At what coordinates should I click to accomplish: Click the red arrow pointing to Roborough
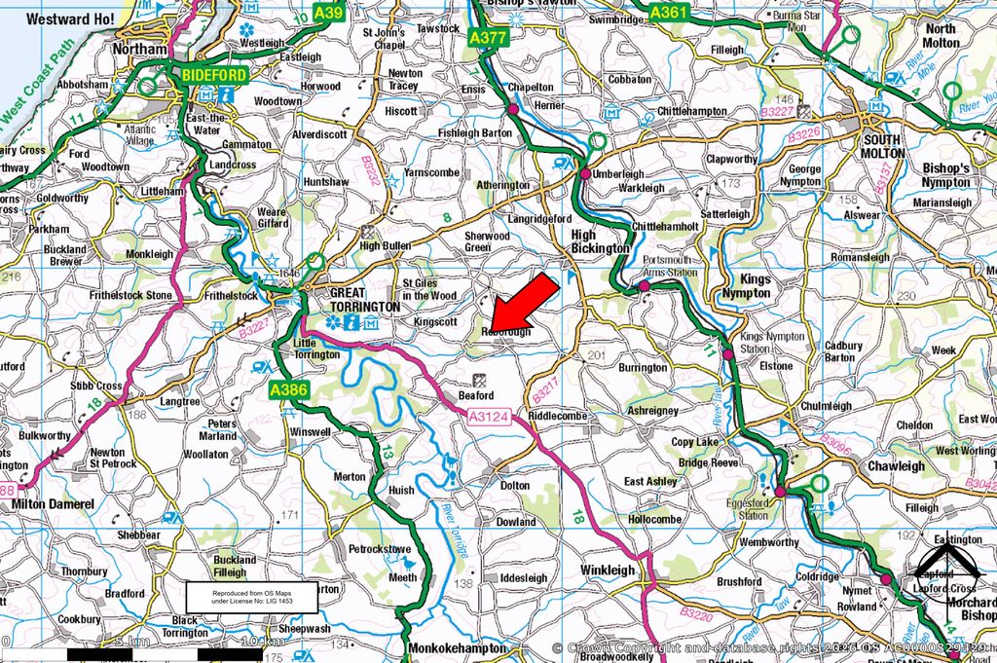click(523, 302)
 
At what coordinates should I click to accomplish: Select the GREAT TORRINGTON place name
click(364, 299)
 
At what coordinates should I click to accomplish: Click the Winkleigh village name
click(609, 570)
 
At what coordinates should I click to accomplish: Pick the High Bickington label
click(599, 241)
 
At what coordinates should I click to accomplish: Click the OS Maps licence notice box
click(253, 597)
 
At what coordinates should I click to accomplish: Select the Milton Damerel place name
click(53, 504)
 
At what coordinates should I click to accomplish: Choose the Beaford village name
click(477, 395)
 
